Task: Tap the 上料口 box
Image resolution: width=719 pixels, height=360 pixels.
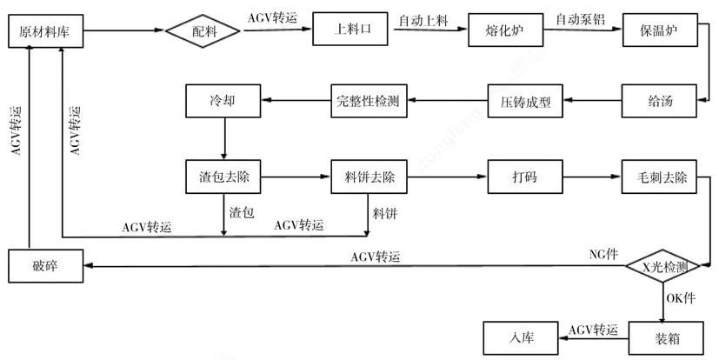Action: tap(348, 30)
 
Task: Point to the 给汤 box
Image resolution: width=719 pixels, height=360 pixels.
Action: tap(660, 103)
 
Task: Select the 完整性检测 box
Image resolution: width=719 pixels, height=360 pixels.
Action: tap(367, 103)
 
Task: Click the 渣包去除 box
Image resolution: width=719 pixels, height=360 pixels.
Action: tap(224, 177)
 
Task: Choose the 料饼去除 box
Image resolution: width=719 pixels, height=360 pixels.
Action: tap(369, 177)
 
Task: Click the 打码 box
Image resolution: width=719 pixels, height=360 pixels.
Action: tap(525, 177)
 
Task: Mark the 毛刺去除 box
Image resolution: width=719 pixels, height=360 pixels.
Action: tap(660, 177)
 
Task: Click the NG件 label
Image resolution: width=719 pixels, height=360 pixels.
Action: tap(602, 254)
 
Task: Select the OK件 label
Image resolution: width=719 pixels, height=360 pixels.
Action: tap(682, 298)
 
